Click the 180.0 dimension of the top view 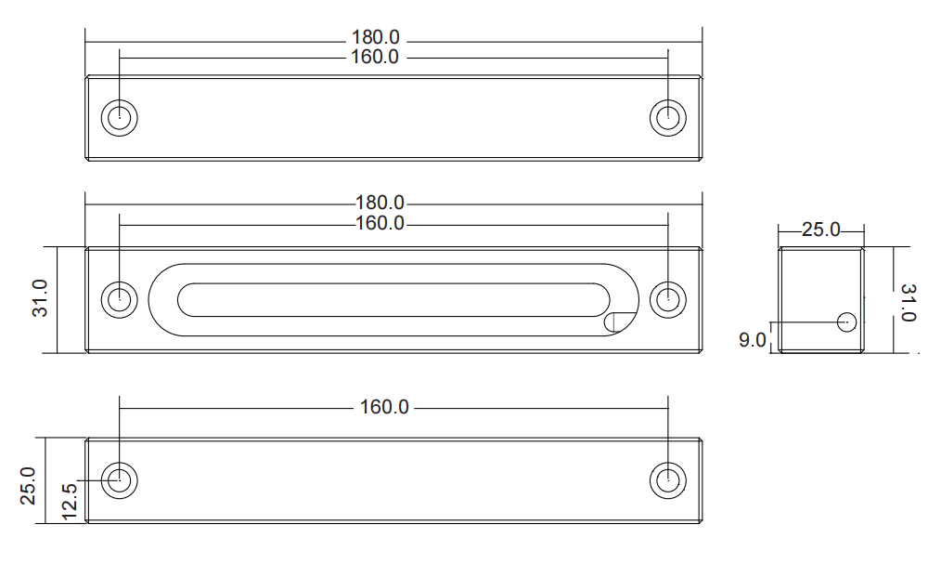(x=375, y=37)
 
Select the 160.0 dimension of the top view (x=375, y=57)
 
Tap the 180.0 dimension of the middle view (x=380, y=203)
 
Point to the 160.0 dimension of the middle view (x=380, y=223)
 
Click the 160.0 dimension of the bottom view (x=384, y=407)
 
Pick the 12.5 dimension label (x=70, y=502)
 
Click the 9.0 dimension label (x=752, y=340)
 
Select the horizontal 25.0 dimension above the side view (x=821, y=230)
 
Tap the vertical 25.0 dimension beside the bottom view (x=28, y=486)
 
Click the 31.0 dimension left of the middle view (x=40, y=298)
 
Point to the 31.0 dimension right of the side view (x=909, y=303)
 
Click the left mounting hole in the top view (x=120, y=118)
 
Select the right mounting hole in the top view (x=668, y=118)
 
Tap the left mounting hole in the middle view (x=120, y=299)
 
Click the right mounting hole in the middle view (x=668, y=299)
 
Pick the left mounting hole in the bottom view (x=120, y=479)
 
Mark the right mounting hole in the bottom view (x=668, y=479)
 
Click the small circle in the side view (x=846, y=321)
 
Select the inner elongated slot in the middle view (x=393, y=283)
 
